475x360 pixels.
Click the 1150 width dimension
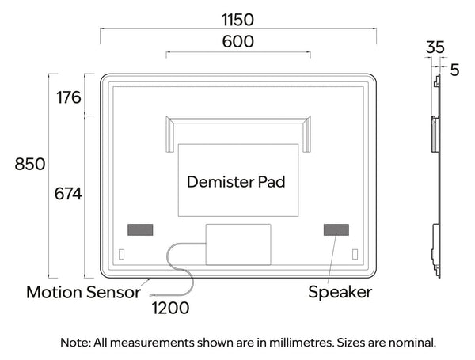coord(237,20)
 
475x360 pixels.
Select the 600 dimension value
coord(237,41)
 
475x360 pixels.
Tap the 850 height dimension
coord(30,164)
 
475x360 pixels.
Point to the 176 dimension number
coord(69,97)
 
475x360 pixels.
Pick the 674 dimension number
coord(68,194)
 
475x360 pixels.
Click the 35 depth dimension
coord(435,47)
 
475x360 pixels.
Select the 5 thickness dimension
coord(454,70)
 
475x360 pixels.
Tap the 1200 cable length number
coord(170,309)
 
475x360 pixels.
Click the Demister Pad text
coord(236,182)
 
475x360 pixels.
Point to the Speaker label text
coord(340,292)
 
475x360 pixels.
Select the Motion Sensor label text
coord(83,292)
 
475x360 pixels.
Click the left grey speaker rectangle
coord(140,229)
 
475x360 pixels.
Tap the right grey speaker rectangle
coord(336,229)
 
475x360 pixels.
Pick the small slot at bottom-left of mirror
coord(121,254)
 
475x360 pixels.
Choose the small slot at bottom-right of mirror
coord(355,254)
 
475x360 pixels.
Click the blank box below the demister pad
coord(238,244)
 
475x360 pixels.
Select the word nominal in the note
coord(412,343)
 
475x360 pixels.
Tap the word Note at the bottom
coord(76,343)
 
